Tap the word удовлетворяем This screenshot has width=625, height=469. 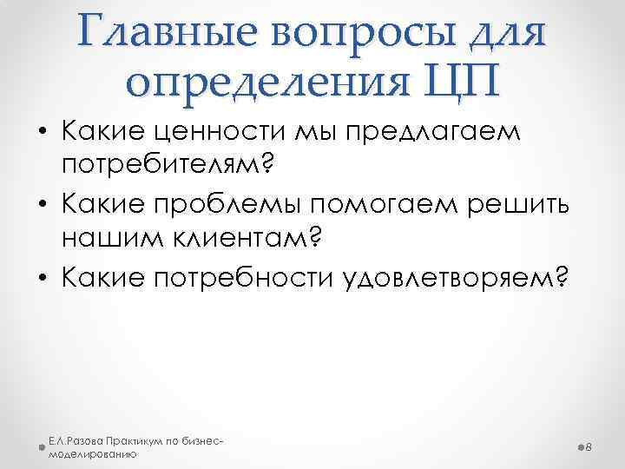pos(468,277)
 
